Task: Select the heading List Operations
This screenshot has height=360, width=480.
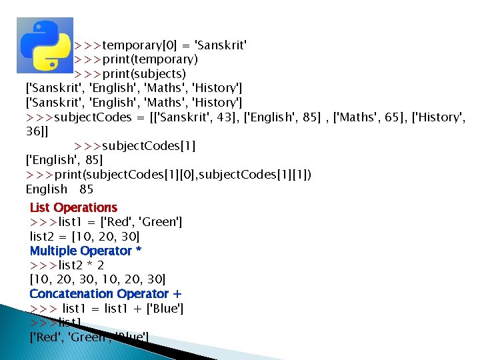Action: tap(73, 207)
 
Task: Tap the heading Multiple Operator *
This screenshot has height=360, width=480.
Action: tap(85, 251)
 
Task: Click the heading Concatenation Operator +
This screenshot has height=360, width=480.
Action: tap(105, 293)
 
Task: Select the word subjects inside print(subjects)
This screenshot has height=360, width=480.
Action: tap(156, 73)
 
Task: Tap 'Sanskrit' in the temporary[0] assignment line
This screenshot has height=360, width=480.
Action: tap(220, 45)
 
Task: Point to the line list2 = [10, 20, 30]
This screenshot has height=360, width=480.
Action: tap(85, 237)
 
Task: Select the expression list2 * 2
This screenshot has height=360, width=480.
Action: tap(89, 265)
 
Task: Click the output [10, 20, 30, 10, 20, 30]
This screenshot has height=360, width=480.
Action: tap(97, 279)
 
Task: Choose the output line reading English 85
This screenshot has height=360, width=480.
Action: tap(59, 189)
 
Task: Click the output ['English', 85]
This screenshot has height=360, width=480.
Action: tap(64, 160)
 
